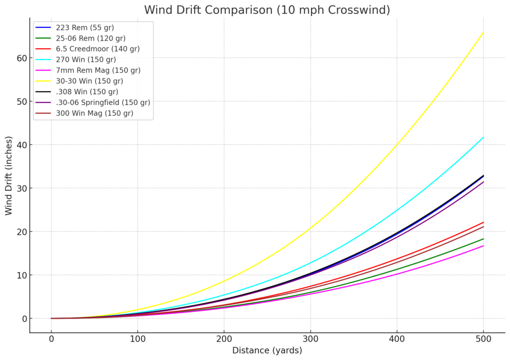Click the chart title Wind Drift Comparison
267,10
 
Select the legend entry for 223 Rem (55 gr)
85,28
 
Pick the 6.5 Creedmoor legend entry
98,49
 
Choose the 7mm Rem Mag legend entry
98,70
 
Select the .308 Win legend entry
87,92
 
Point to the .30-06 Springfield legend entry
103,103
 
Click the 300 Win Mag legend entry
94,113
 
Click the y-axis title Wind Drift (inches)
9,176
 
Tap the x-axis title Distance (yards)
267,351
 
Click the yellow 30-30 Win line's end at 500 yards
483,32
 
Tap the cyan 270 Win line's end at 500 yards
483,137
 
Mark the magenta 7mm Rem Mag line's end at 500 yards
483,246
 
